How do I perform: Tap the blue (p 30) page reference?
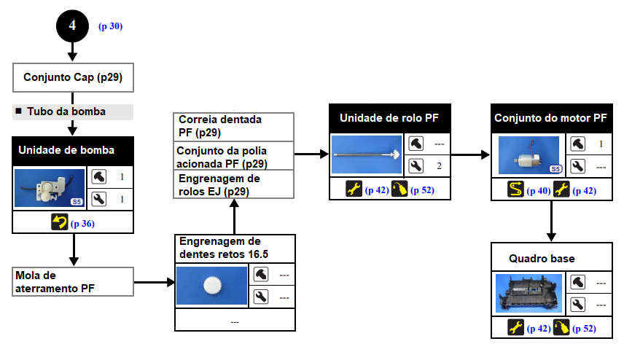coord(110,26)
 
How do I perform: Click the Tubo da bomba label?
coord(66,111)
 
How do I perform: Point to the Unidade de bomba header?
coord(73,151)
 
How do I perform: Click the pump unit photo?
coord(50,187)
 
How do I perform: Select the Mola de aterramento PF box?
coord(73,281)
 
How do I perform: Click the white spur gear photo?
coord(211,286)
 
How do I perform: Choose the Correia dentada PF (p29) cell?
coord(233,126)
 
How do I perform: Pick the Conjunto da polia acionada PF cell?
coord(233,155)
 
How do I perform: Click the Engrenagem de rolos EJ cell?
coord(233,184)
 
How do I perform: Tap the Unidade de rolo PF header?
coord(390,117)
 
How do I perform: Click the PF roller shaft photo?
coord(367,154)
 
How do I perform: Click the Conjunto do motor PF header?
coord(550,117)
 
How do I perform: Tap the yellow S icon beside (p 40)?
coord(515,190)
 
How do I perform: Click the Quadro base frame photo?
coord(529,293)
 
